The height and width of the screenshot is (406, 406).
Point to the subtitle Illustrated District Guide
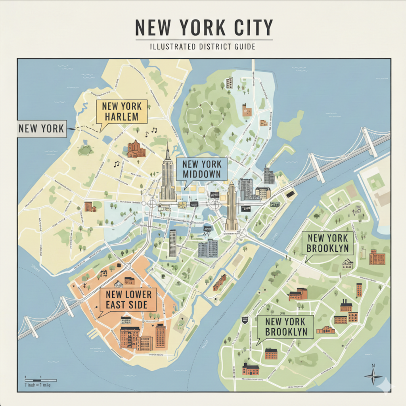(202, 47)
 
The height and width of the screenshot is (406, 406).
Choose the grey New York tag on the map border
(42, 128)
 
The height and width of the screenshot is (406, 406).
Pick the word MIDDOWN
(202, 175)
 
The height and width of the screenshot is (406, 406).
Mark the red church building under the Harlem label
(136, 149)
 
